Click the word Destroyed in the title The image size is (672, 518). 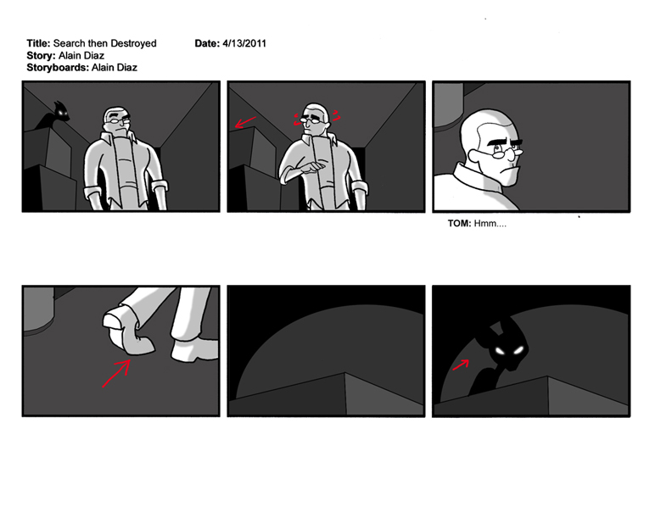tap(133, 43)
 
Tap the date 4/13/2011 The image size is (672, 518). tap(244, 43)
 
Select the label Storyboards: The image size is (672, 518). tap(58, 67)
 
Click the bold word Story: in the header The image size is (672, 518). tap(41, 55)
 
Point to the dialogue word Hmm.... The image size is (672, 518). tap(490, 224)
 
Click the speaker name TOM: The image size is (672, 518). tap(459, 224)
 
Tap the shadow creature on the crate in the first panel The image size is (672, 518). tap(55, 114)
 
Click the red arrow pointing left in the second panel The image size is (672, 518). tap(245, 122)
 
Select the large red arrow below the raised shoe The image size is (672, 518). tap(116, 374)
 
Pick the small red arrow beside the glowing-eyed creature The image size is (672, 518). tap(461, 365)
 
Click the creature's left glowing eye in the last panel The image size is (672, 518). tap(500, 352)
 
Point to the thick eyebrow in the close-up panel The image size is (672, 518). tap(506, 140)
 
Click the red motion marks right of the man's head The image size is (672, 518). tap(337, 115)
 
